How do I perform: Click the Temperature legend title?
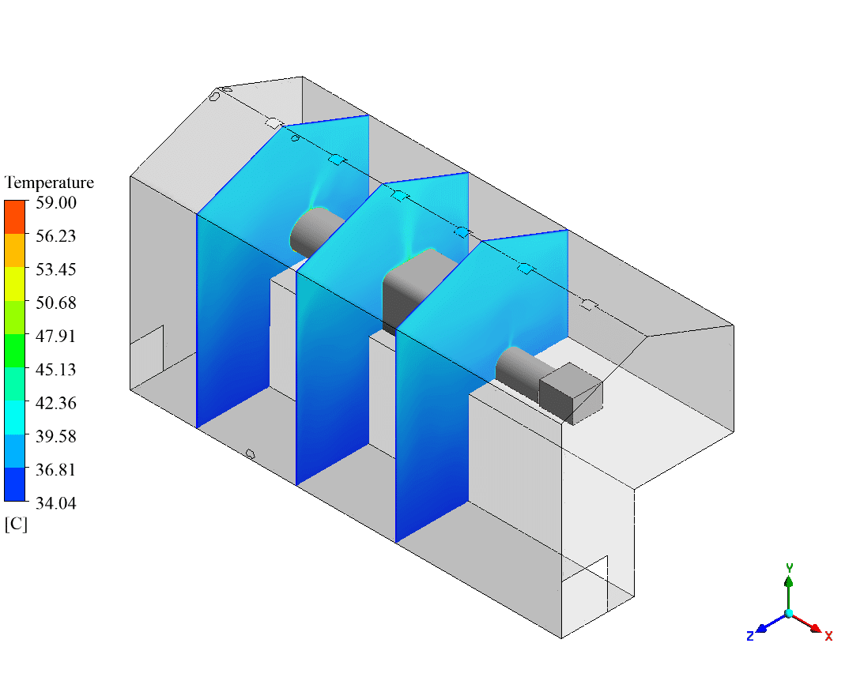[49, 182]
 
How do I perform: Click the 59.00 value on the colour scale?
[56, 203]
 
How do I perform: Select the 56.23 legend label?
[55, 235]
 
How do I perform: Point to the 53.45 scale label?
[55, 269]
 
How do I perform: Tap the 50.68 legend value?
[55, 303]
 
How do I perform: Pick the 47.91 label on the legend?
[55, 336]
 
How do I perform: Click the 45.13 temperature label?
[55, 369]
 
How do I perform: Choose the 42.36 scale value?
[55, 403]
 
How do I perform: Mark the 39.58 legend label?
[55, 436]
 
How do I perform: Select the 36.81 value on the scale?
[55, 469]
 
